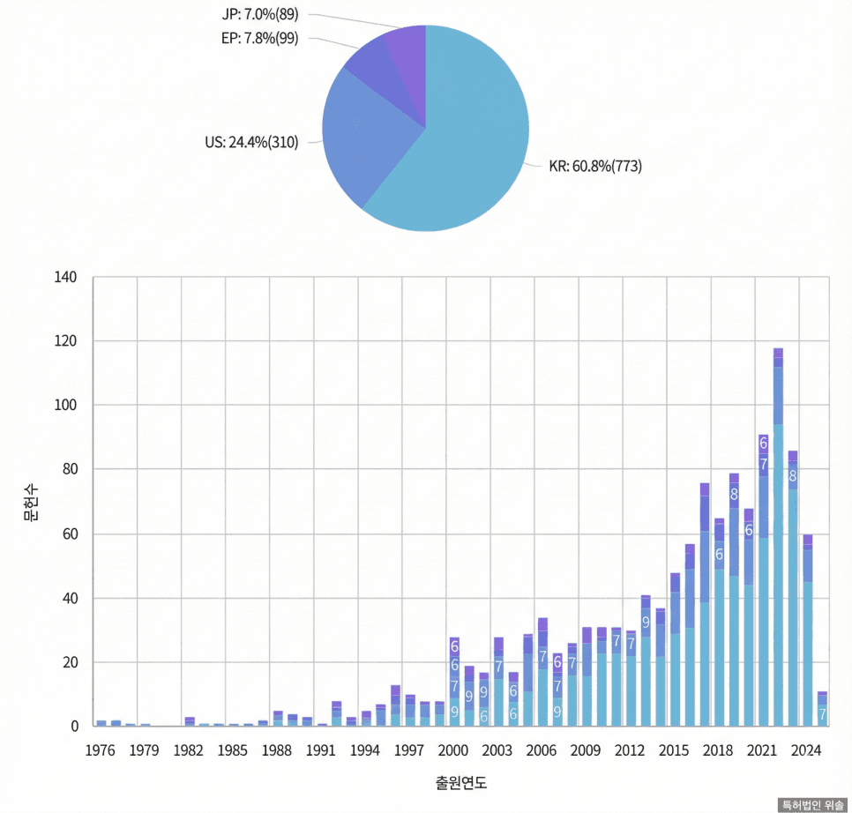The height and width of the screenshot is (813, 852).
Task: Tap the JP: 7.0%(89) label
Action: click(x=261, y=15)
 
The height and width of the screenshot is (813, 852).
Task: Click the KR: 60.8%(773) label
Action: click(x=595, y=166)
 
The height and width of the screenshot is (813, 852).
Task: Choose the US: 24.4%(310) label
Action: click(x=251, y=142)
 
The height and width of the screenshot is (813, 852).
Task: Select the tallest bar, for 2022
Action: click(x=778, y=538)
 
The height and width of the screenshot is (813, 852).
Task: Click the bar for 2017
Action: click(x=705, y=608)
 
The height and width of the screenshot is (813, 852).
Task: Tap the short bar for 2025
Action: click(x=822, y=710)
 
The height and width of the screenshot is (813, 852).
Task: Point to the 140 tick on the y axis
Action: click(x=67, y=278)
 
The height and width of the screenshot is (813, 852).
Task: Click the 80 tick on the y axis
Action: click(x=71, y=469)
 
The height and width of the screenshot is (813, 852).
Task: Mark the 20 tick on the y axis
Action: click(x=71, y=662)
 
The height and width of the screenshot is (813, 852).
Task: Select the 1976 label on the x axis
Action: click(x=101, y=751)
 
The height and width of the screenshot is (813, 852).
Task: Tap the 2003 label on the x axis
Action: click(x=497, y=751)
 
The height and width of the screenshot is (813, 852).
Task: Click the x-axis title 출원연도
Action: click(x=460, y=782)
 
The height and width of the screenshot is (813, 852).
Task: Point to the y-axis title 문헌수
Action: click(x=32, y=502)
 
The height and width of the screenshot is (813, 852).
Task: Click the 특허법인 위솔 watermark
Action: click(x=812, y=805)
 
